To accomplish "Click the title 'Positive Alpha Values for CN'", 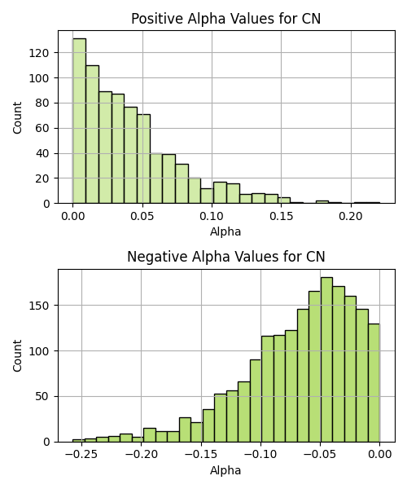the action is pyautogui.click(x=225, y=19).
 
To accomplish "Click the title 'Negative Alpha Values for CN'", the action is pyautogui.click(x=226, y=257).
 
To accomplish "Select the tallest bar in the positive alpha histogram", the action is pyautogui.click(x=80, y=121).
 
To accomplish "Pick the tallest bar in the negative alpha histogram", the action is pyautogui.click(x=326, y=359).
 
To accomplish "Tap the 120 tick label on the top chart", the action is pyautogui.click(x=39, y=53).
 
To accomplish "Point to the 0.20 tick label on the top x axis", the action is pyautogui.click(x=351, y=216).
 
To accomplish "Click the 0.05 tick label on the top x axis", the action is pyautogui.click(x=142, y=216).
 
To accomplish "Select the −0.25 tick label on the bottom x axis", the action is pyautogui.click(x=81, y=455).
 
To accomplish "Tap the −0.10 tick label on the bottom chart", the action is pyautogui.click(x=260, y=455).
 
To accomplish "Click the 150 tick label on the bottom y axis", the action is pyautogui.click(x=39, y=306).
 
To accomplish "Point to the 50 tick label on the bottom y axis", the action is pyautogui.click(x=42, y=397).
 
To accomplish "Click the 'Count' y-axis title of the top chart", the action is pyautogui.click(x=17, y=117).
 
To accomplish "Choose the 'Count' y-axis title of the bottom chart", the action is pyautogui.click(x=17, y=356).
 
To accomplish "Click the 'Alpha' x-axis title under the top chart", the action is pyautogui.click(x=225, y=231).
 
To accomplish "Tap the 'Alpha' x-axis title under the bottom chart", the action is pyautogui.click(x=225, y=470).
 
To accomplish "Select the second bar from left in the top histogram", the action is pyautogui.click(x=93, y=134).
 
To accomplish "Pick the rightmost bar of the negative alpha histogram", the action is pyautogui.click(x=374, y=383).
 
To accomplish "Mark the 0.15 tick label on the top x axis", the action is pyautogui.click(x=281, y=216).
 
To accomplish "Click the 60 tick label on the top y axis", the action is pyautogui.click(x=42, y=128).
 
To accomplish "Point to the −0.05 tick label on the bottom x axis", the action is pyautogui.click(x=320, y=455).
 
